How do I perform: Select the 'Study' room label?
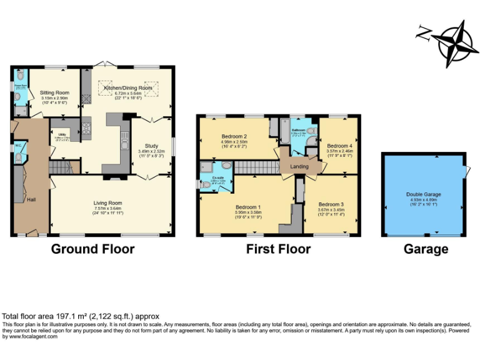pyautogui.click(x=151, y=144)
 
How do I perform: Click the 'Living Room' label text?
pyautogui.click(x=108, y=202)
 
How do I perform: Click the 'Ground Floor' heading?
pyautogui.click(x=92, y=249)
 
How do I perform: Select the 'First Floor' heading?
pyautogui.click(x=278, y=249)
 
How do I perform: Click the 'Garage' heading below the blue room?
pyautogui.click(x=425, y=249)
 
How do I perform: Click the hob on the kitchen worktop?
pyautogui.click(x=86, y=127)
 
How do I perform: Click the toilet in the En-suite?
pyautogui.click(x=206, y=184)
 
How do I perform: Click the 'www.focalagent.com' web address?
pyautogui.click(x=30, y=336)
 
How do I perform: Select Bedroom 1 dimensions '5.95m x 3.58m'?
pyautogui.click(x=248, y=212)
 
